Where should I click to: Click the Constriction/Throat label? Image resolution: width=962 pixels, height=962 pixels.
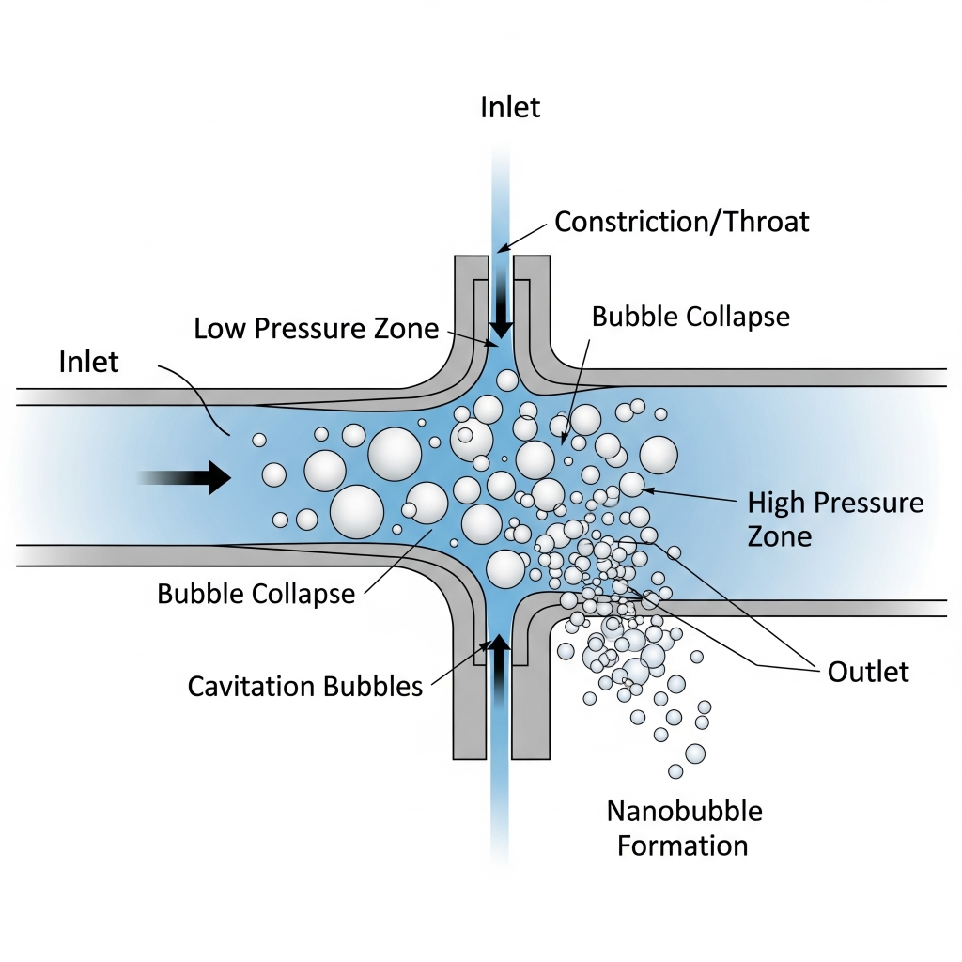[x=681, y=222]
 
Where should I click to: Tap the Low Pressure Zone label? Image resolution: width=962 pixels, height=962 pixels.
[x=317, y=328]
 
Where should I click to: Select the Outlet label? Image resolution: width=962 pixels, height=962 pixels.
[x=868, y=672]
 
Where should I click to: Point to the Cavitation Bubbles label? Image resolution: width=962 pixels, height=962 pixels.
[x=304, y=686]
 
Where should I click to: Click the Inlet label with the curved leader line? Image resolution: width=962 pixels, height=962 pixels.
[x=88, y=361]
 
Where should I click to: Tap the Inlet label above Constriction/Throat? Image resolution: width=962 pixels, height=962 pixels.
[x=510, y=107]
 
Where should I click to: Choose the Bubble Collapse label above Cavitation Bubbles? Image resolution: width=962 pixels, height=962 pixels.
[x=256, y=594]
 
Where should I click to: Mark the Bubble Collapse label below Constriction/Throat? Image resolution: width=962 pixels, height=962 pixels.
[x=690, y=317]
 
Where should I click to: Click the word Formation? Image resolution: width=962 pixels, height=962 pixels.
[x=682, y=845]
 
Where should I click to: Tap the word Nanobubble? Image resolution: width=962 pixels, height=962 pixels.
[x=684, y=810]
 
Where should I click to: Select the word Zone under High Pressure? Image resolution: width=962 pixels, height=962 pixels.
[x=779, y=536]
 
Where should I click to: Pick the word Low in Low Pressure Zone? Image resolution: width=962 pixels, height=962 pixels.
[x=215, y=328]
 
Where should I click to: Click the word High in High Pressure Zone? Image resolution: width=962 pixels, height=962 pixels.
[x=775, y=503]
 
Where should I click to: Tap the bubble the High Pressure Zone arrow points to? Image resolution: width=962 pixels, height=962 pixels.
[x=631, y=484]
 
